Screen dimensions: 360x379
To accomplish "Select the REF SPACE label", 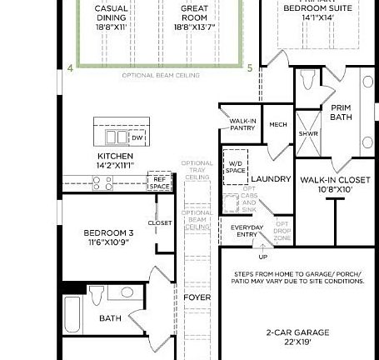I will tap(159, 182).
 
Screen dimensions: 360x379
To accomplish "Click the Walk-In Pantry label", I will tap(242, 125).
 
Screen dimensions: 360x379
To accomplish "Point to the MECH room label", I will tap(277, 125).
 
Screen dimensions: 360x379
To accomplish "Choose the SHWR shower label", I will tap(307, 133).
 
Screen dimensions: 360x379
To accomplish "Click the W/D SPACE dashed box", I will tap(235, 166).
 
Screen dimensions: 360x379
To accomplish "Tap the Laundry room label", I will tap(271, 178).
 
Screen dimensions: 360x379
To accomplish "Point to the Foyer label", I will tap(197, 297).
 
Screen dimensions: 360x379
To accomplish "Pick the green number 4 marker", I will tap(70, 68).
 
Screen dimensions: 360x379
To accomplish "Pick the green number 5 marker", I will tap(249, 68).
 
